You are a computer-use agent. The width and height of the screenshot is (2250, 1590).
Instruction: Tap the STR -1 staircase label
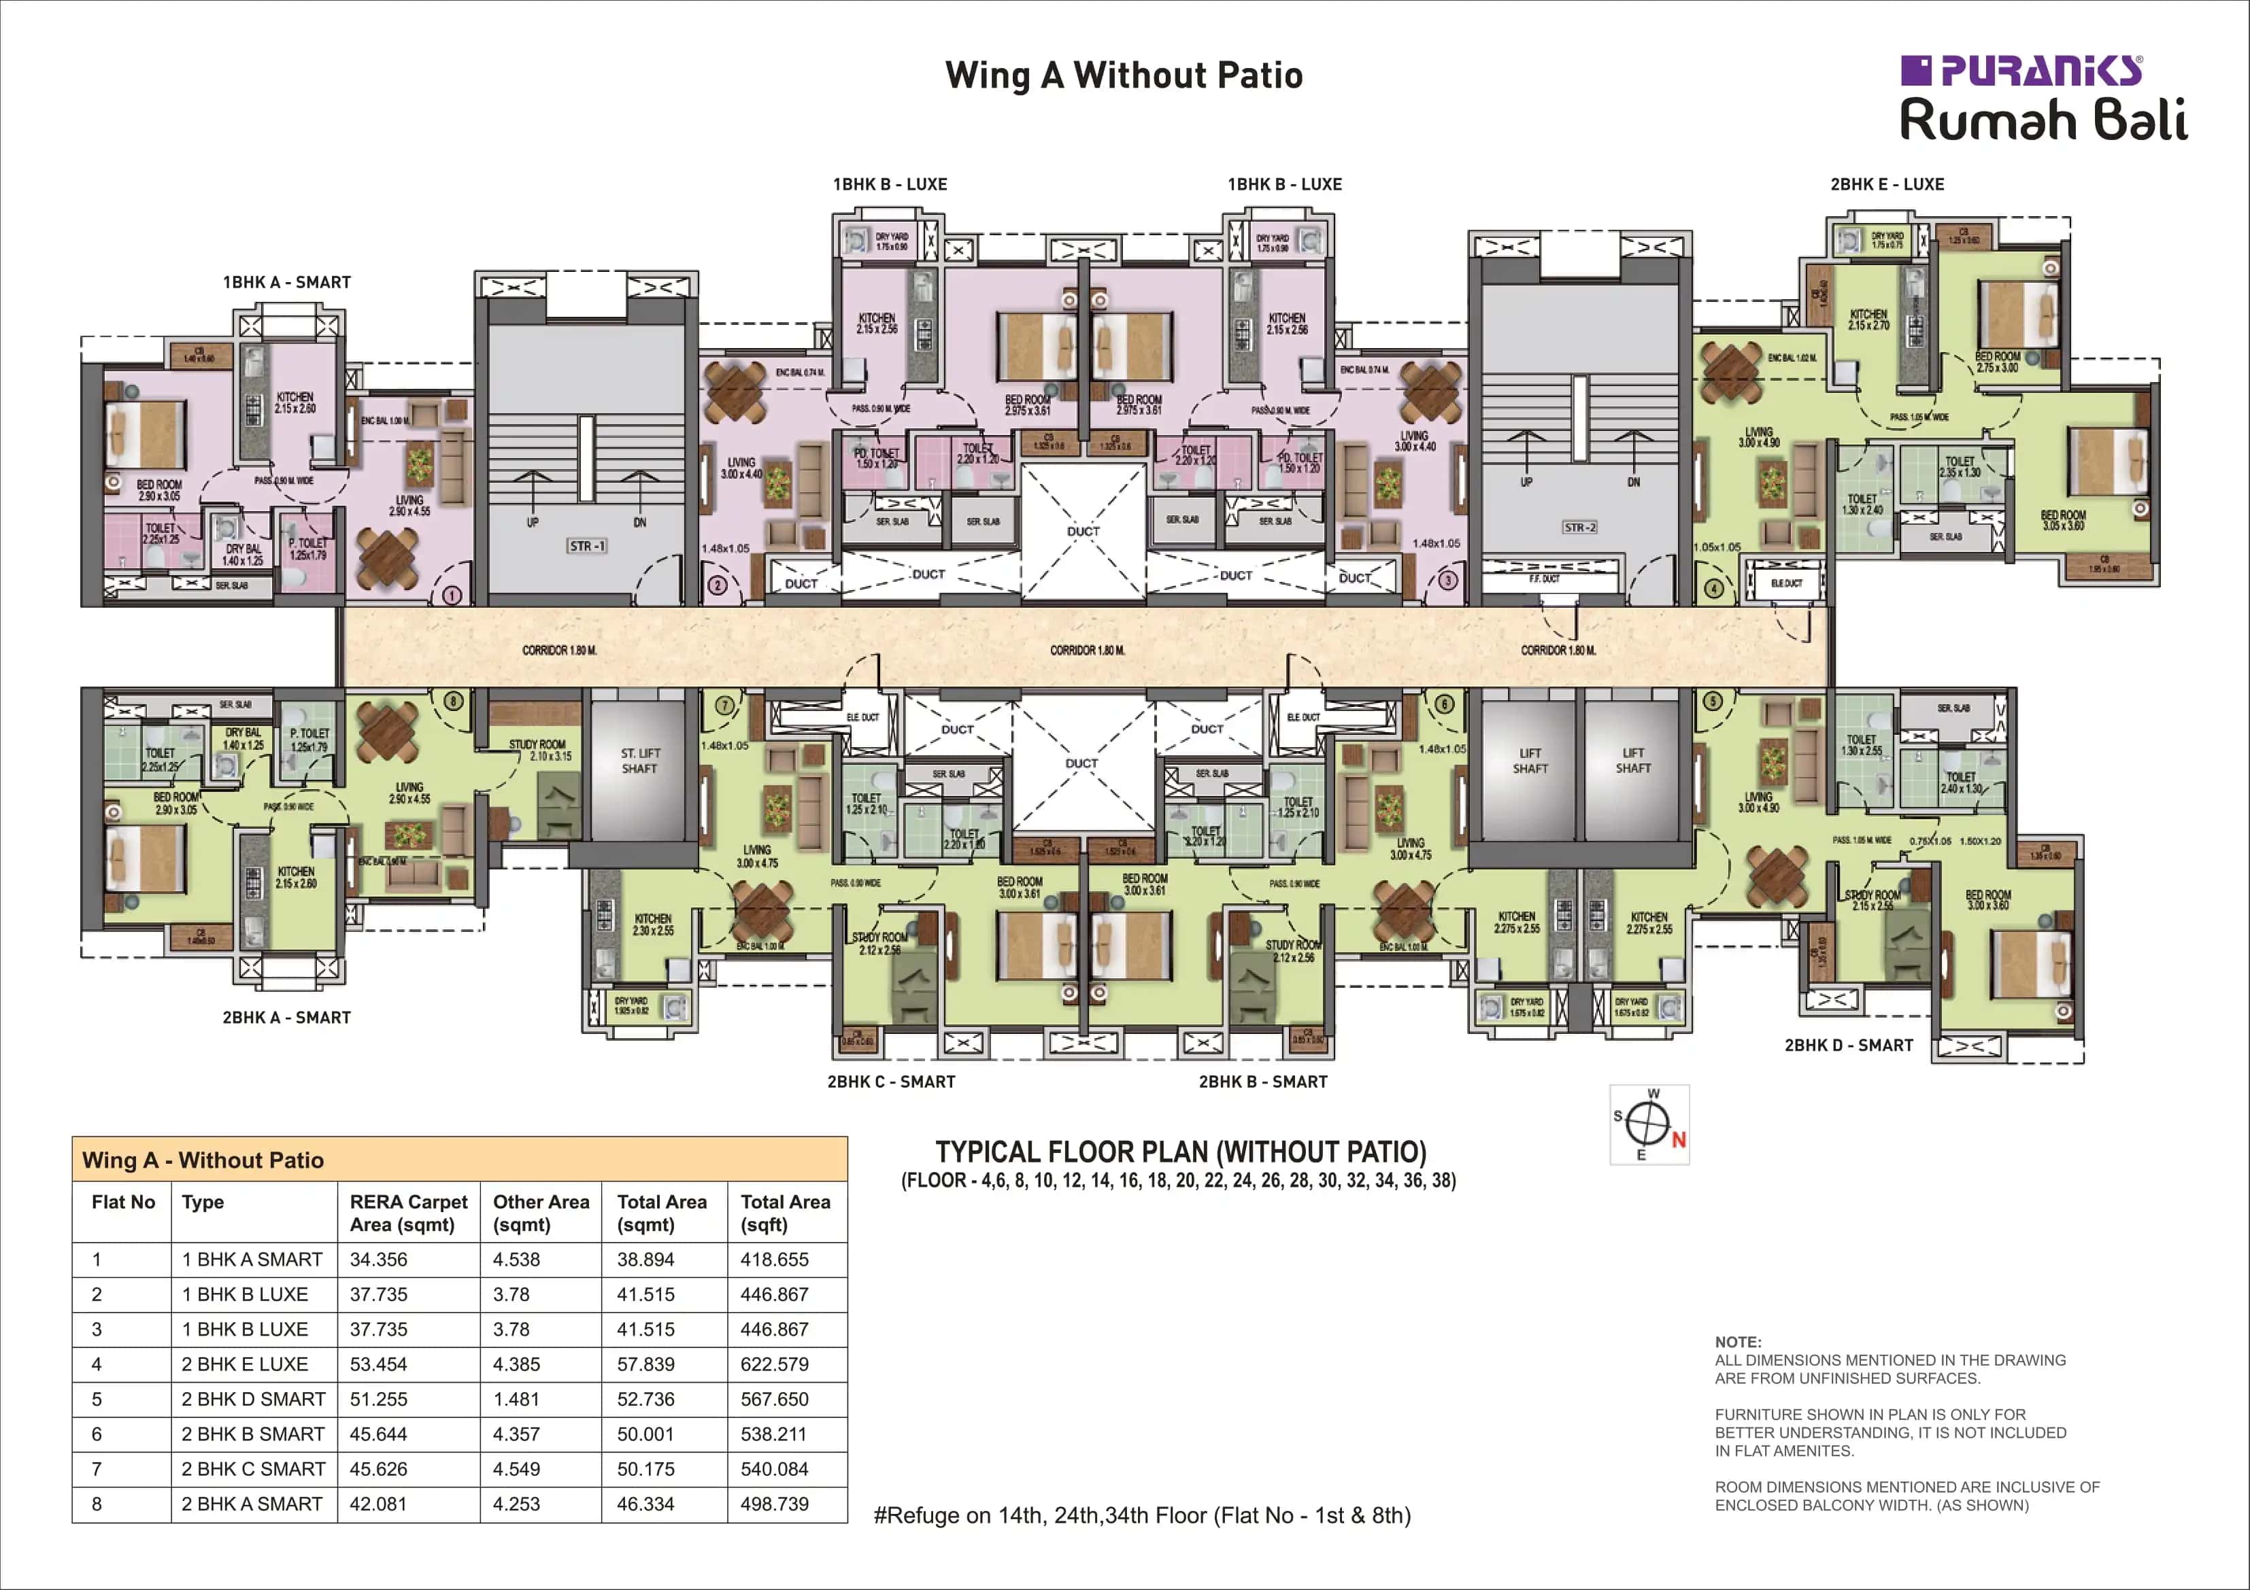click(587, 546)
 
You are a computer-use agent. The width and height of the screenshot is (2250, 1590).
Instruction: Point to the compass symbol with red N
click(1650, 1124)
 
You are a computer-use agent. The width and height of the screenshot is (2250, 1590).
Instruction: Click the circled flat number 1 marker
click(453, 595)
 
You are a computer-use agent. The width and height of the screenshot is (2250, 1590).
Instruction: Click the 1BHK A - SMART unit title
click(286, 282)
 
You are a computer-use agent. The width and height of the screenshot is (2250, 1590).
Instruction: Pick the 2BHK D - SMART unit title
click(1848, 1045)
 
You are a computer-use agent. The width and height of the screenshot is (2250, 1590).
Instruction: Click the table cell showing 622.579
click(774, 1364)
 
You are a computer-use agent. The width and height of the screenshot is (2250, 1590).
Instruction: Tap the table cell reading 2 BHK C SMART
click(253, 1468)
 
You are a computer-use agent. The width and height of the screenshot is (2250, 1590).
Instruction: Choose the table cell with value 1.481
click(516, 1399)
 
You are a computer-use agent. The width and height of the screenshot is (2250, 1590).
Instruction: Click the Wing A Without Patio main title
click(1124, 75)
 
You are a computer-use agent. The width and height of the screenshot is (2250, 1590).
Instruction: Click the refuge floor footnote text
click(1141, 1515)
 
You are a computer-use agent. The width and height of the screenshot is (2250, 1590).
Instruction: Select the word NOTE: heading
click(1737, 1342)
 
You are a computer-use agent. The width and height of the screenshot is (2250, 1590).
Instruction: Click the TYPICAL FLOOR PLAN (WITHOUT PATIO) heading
click(1180, 1152)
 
